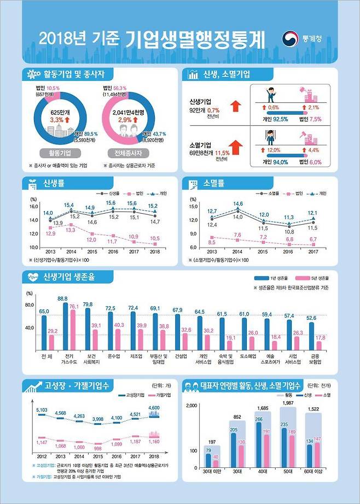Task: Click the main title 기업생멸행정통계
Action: [x=195, y=39]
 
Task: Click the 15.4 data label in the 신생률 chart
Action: [x=69, y=206]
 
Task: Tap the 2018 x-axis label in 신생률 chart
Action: [x=154, y=252]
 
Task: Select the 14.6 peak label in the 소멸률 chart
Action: [x=238, y=204]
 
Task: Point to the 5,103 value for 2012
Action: [x=42, y=410]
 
